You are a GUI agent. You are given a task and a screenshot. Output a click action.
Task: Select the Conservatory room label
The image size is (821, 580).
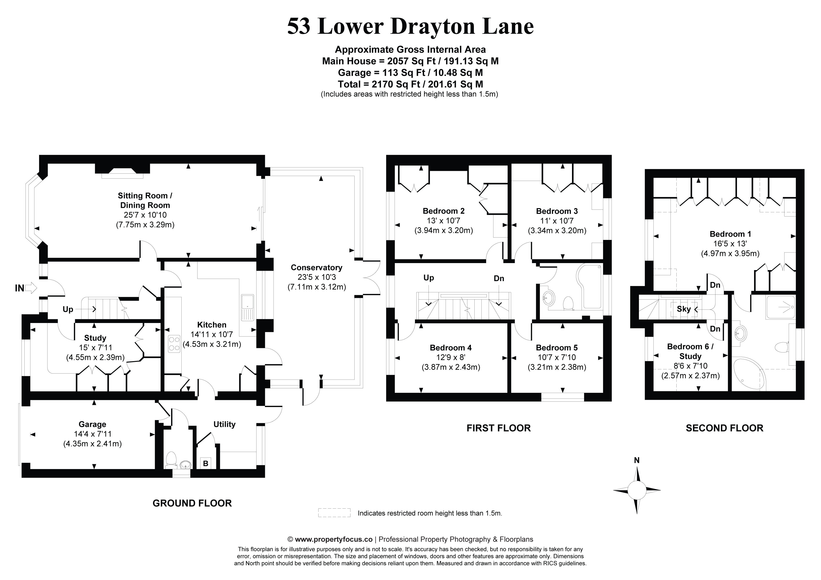(316, 268)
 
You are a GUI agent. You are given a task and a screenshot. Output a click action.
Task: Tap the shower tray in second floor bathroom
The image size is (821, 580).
(780, 307)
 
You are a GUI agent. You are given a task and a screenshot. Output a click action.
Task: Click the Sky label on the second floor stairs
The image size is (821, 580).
(683, 309)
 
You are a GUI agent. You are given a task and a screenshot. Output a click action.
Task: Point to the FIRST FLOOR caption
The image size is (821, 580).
(498, 428)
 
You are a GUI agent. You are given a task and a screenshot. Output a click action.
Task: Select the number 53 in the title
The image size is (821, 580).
(299, 26)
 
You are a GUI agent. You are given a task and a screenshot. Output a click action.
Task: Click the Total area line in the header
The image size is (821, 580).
(410, 84)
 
